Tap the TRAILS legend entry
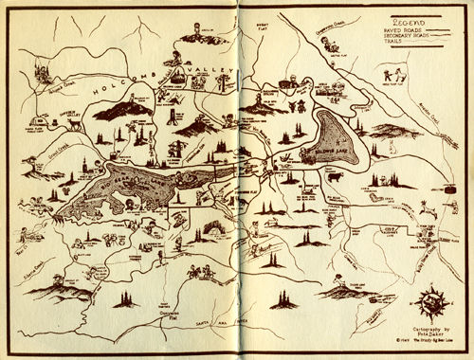tap(392, 45)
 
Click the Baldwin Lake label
tap(327, 153)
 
